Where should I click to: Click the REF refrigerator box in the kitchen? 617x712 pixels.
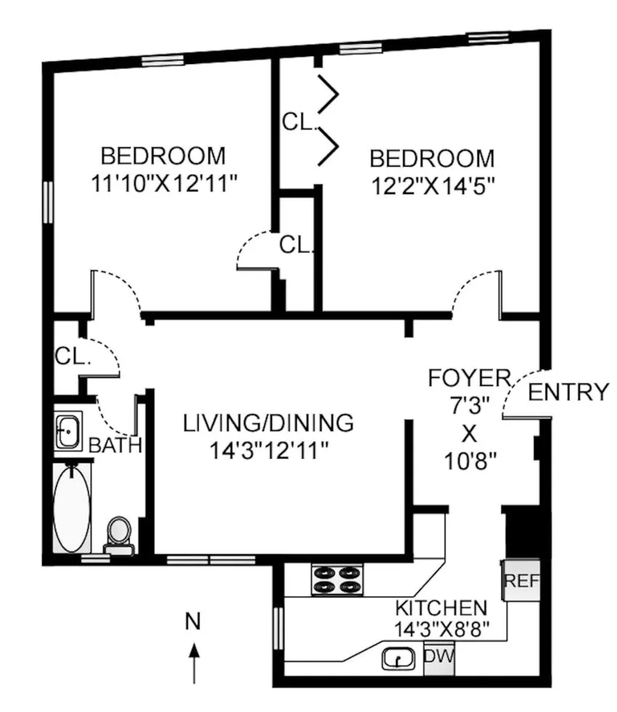[x=521, y=580]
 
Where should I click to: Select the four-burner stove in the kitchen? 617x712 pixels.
[x=337, y=579]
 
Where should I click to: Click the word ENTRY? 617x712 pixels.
[x=568, y=392]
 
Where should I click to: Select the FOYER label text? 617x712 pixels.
[x=469, y=378]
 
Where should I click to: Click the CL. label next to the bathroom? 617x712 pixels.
[x=71, y=357]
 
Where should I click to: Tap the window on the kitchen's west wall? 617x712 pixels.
[x=278, y=627]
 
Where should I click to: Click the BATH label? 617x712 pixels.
[x=115, y=445]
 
